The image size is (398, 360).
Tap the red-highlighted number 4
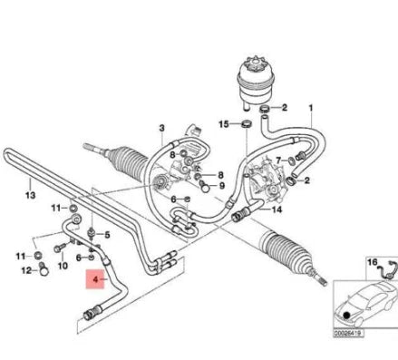point(92,281)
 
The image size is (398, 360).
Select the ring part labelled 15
point(246,124)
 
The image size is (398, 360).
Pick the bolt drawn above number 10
point(61,246)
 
